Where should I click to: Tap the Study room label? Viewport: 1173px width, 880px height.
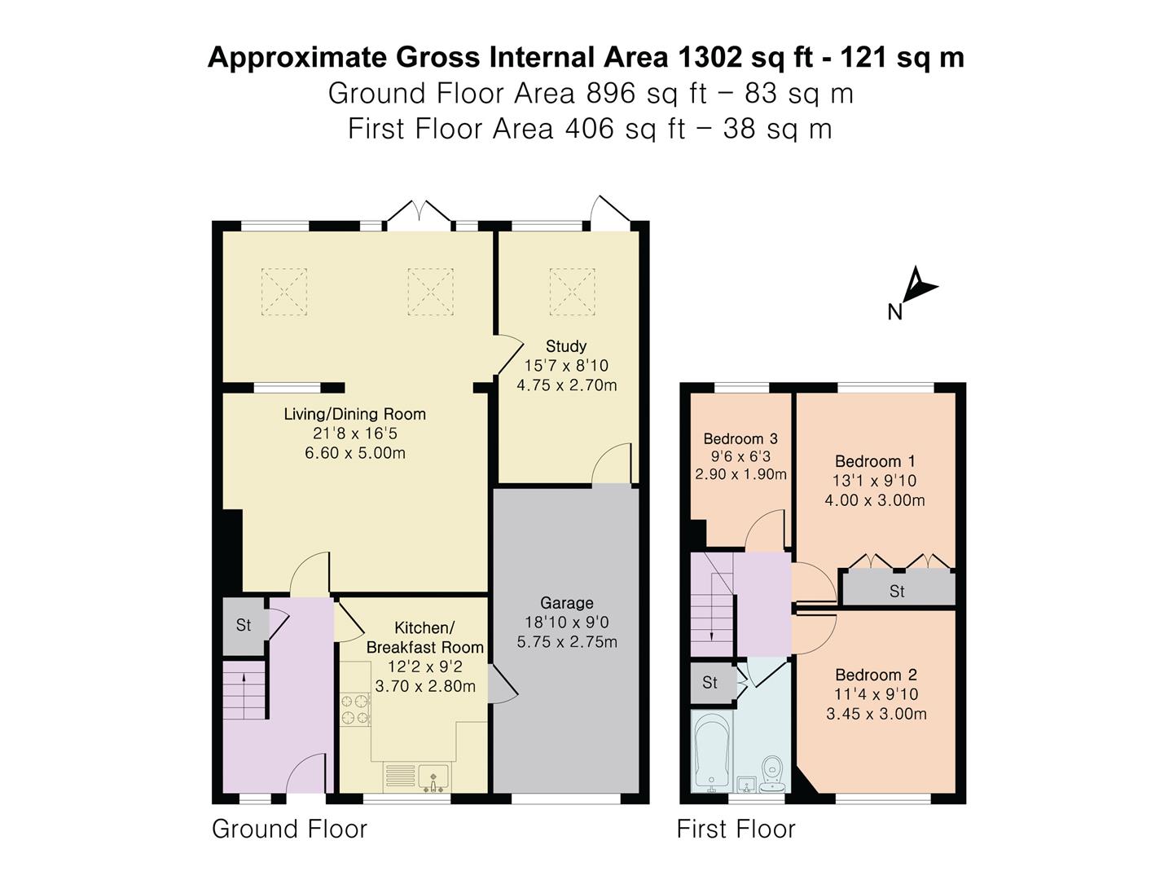click(x=566, y=346)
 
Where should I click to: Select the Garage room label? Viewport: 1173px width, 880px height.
click(x=567, y=603)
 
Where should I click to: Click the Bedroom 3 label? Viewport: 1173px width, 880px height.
click(x=740, y=439)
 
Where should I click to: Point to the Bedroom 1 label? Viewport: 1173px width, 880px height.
click(x=874, y=461)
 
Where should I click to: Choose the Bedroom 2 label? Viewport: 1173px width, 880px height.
click(x=876, y=675)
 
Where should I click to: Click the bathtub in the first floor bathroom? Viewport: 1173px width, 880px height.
click(x=713, y=750)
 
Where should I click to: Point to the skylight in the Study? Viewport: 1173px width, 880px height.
click(x=573, y=291)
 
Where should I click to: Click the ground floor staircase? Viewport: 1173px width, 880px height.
click(x=245, y=689)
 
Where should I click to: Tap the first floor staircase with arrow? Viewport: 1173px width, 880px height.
click(x=712, y=604)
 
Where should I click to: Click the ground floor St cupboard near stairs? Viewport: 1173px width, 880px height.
click(x=244, y=626)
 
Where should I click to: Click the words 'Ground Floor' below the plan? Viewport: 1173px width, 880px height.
click(x=289, y=829)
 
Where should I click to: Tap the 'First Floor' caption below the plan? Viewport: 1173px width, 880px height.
click(x=736, y=829)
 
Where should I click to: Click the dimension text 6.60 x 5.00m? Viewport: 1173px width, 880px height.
click(x=355, y=453)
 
